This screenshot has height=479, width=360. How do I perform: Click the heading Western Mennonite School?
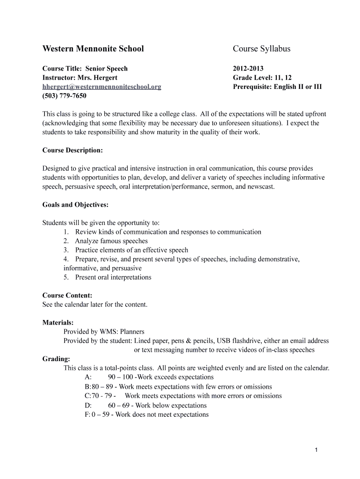(93, 49)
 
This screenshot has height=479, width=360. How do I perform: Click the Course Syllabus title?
(261, 49)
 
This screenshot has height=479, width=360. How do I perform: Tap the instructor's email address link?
(101, 87)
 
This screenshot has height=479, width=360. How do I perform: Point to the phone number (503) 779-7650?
(64, 96)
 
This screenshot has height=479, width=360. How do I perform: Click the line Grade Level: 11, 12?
(262, 78)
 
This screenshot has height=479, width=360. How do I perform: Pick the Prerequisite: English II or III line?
(277, 87)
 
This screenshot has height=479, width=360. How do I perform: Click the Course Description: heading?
(72, 151)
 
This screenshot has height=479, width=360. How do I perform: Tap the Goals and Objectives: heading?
(75, 205)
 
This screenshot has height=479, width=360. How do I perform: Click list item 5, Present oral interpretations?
(113, 278)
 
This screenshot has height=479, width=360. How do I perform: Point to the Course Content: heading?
(67, 296)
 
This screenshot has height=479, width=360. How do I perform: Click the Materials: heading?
(58, 323)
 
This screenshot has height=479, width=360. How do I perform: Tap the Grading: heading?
(56, 359)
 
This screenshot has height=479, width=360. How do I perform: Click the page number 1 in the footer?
(317, 450)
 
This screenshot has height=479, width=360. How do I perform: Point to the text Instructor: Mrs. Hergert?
(80, 78)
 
